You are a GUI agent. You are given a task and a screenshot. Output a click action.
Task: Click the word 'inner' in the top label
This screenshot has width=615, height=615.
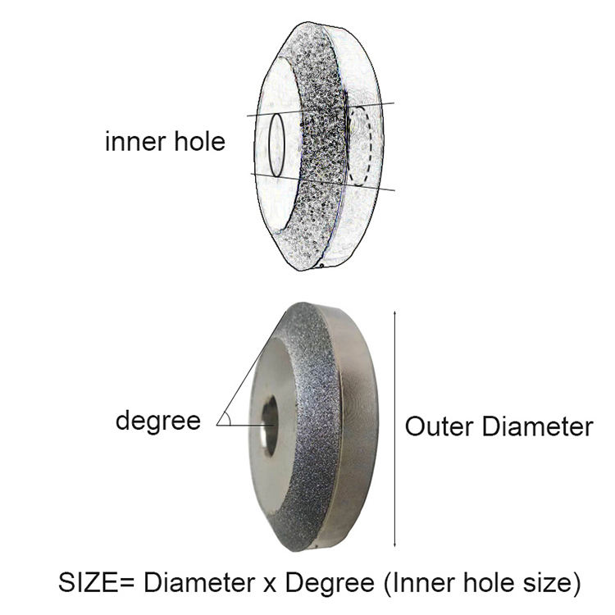pos(135,142)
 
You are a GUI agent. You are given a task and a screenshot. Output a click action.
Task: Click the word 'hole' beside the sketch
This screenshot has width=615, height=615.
pos(199,141)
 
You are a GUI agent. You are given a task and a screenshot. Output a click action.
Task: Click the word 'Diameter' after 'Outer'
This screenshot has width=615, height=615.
pos(538,426)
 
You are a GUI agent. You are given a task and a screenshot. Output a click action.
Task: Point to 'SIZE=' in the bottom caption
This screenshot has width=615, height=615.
pos(96,583)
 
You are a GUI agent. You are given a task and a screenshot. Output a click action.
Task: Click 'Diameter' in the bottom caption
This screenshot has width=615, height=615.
pos(199,583)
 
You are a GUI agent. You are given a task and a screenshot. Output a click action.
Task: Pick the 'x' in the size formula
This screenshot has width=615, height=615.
pos(270,585)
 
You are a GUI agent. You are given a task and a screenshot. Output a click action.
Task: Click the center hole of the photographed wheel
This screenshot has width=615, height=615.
pos(270,426)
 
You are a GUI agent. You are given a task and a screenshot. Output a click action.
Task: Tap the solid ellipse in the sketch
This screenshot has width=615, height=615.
pos(276,145)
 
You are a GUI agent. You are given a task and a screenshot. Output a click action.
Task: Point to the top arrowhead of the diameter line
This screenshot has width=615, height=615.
pos(394,313)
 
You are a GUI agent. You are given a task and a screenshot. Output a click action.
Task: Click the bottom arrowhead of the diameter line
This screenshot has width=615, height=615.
pos(394,544)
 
